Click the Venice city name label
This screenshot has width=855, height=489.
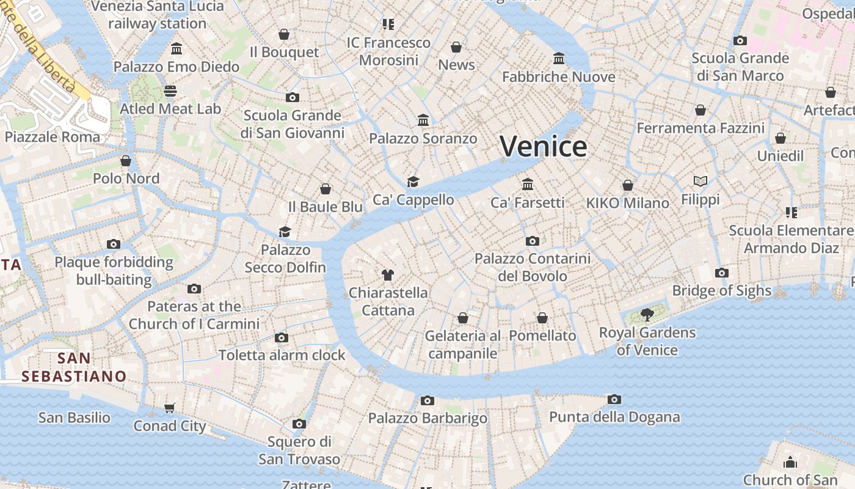point(543,147)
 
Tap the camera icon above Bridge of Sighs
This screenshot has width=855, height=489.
point(722,273)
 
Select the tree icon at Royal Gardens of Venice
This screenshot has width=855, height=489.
point(647,315)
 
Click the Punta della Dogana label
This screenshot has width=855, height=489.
point(614,417)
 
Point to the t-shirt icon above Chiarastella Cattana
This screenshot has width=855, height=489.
point(387,274)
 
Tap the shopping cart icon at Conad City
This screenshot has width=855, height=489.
point(170,408)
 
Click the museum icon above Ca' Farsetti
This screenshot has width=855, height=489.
point(528,184)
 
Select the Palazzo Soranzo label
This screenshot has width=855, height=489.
point(423,139)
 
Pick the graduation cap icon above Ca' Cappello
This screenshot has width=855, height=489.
point(413,182)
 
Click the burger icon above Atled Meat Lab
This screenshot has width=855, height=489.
point(170,91)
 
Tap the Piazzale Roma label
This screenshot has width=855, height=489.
point(52,136)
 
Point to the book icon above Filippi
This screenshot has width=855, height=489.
point(700,182)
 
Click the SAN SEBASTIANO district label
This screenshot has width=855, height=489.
point(74,367)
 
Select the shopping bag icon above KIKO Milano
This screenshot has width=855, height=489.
point(628,185)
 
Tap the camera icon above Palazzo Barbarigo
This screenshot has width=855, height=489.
point(428,400)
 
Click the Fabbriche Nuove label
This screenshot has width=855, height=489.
point(558,77)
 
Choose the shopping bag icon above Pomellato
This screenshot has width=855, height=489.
point(542,318)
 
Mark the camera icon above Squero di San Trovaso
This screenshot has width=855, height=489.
point(299,424)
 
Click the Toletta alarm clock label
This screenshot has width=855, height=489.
point(282,355)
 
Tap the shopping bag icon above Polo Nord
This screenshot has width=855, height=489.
point(126,161)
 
